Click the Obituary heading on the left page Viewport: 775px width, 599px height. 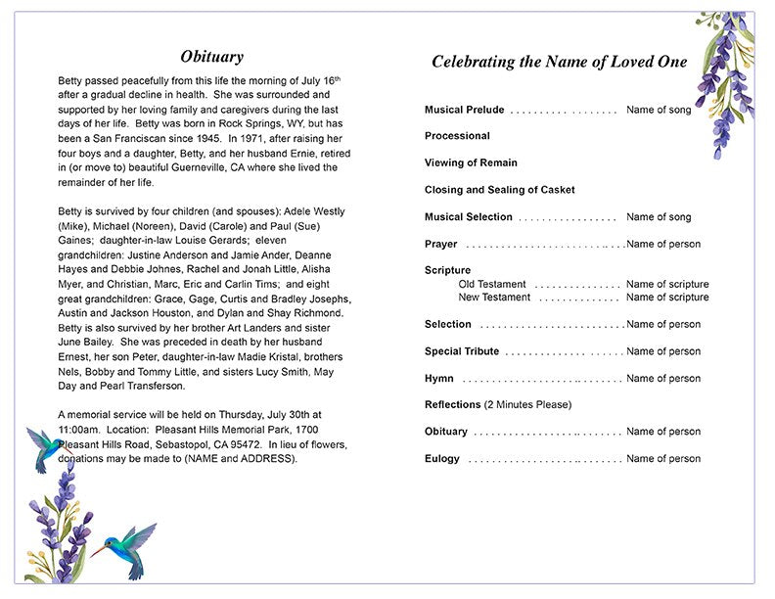pyautogui.click(x=212, y=57)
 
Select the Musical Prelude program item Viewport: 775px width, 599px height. pyautogui.click(x=464, y=110)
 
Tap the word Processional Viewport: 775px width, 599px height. pyautogui.click(x=457, y=136)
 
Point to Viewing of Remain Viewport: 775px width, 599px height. pyautogui.click(x=471, y=162)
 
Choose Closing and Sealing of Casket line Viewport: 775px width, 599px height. pyautogui.click(x=499, y=190)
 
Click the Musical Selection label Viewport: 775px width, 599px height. pyautogui.click(x=468, y=217)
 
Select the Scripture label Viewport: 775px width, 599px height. pyautogui.click(x=447, y=270)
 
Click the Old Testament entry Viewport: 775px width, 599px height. pyautogui.click(x=491, y=285)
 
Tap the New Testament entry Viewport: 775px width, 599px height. pyautogui.click(x=494, y=298)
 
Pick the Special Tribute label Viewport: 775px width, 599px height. pyautogui.click(x=462, y=351)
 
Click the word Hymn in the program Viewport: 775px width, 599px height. pyautogui.click(x=438, y=379)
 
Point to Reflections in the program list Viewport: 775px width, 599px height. pyautogui.click(x=453, y=404)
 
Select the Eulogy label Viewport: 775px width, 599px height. pyautogui.click(x=441, y=459)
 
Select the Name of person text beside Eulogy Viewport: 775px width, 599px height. pyautogui.click(x=663, y=459)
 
